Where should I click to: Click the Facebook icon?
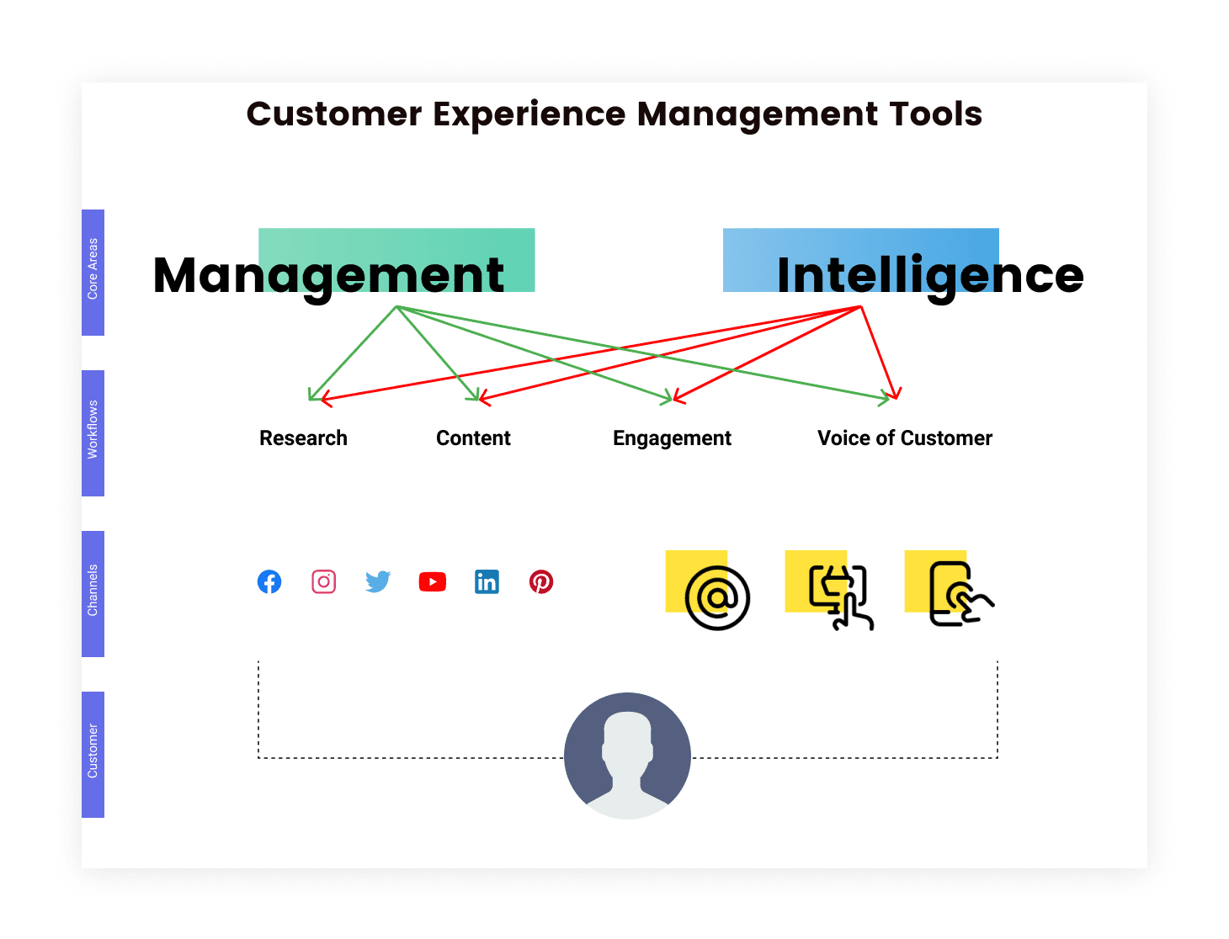pos(269,582)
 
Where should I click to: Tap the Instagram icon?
pos(323,582)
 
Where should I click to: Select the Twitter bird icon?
pos(378,582)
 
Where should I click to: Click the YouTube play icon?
pos(432,582)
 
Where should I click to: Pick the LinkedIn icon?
pos(487,582)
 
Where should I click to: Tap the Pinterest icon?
pos(541,582)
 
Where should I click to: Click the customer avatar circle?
pos(627,756)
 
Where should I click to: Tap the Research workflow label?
pos(304,438)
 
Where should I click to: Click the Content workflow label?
pos(473,438)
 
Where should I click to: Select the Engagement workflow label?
pos(672,438)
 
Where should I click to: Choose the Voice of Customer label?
pos(905,438)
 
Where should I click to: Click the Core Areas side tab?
pos(93,273)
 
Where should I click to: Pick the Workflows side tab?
pos(93,433)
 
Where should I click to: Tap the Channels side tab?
pos(93,594)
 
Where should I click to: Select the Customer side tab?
pos(93,755)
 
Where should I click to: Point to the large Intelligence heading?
pos(930,277)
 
